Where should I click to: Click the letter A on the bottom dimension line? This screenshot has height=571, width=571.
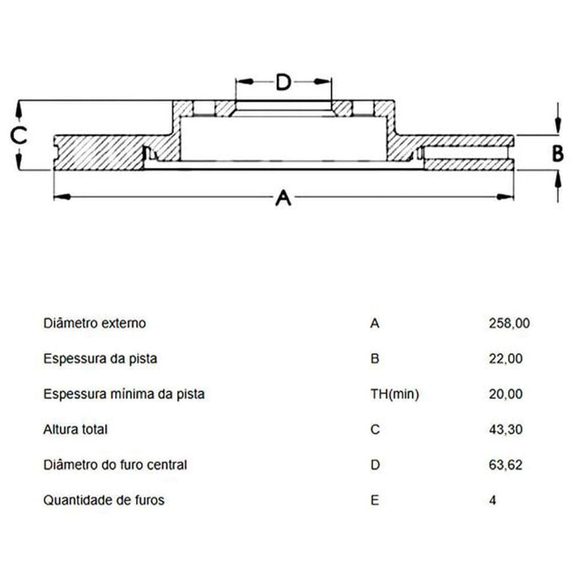[x=283, y=198]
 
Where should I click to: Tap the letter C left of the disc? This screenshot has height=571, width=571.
[x=18, y=135]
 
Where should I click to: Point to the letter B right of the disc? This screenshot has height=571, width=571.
[x=557, y=153]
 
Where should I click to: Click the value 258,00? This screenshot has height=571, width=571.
[x=509, y=323]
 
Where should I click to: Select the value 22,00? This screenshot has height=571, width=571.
[x=505, y=359]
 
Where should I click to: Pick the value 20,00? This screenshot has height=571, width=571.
[x=505, y=394]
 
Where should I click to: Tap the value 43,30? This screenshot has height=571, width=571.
[x=505, y=430]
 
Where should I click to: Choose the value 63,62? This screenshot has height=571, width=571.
[x=505, y=465]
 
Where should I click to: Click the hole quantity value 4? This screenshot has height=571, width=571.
[x=492, y=500]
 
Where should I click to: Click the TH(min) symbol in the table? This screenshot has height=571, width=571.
[x=395, y=395]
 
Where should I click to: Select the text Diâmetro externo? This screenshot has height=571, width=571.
[x=95, y=323]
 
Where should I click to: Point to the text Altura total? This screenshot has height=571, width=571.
[x=75, y=430]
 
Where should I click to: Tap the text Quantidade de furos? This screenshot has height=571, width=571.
[x=104, y=500]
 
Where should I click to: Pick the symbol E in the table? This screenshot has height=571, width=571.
[x=375, y=500]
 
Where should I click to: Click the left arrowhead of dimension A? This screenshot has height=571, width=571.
[x=62, y=197]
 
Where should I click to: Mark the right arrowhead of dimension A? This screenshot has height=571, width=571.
[x=506, y=197]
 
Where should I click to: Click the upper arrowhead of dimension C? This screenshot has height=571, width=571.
[x=19, y=108]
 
